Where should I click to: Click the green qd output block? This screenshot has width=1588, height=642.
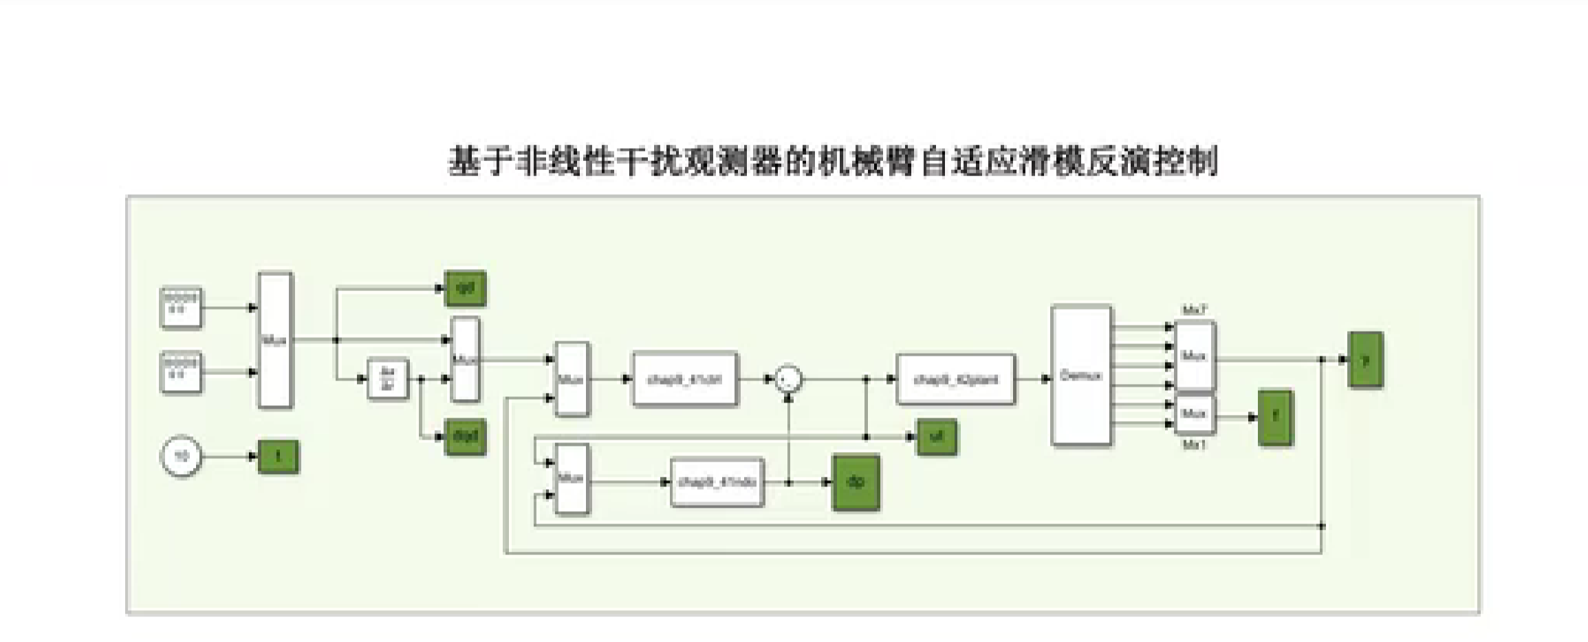point(466,288)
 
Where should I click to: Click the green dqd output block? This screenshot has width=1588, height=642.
point(466,436)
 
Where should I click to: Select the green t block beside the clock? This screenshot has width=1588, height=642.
point(278,456)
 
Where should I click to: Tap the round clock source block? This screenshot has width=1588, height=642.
point(181,456)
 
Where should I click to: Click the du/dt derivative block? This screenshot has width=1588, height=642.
point(388,378)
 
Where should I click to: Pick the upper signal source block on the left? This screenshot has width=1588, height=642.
point(181,308)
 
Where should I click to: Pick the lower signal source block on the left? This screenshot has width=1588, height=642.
point(181,372)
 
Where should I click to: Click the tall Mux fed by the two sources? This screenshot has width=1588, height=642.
point(275,340)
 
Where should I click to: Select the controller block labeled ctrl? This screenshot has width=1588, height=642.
point(684,379)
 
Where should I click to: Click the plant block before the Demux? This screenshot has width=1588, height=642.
point(955,379)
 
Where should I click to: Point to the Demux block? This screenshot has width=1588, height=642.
point(1081,376)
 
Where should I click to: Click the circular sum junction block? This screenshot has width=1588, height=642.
point(788,379)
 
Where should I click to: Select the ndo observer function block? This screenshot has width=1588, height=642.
point(717,482)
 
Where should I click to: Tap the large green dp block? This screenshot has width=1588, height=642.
point(856,482)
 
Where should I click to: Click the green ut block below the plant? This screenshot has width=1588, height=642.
point(936,436)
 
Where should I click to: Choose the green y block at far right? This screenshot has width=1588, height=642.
point(1365,359)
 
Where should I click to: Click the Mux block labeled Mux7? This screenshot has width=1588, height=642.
point(1195,356)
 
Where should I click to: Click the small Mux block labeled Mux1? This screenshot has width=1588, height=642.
point(1195,414)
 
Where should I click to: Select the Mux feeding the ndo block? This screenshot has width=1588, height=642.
point(572,479)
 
